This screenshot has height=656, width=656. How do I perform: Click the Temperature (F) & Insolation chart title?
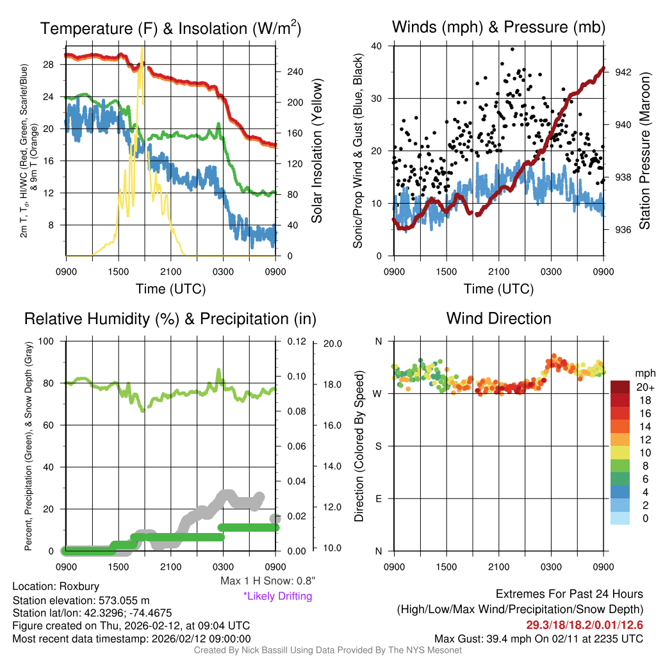click(x=170, y=29)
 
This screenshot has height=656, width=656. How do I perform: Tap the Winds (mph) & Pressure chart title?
click(x=498, y=27)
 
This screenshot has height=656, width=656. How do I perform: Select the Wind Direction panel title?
click(x=498, y=318)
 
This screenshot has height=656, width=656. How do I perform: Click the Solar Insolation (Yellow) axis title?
click(x=316, y=151)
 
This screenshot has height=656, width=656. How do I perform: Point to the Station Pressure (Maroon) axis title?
click(x=644, y=151)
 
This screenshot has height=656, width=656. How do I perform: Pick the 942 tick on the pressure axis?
click(x=623, y=72)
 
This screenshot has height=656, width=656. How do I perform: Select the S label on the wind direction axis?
click(x=378, y=446)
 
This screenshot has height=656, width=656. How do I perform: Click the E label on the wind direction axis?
click(x=378, y=498)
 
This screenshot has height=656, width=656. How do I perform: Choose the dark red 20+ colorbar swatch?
click(x=620, y=387)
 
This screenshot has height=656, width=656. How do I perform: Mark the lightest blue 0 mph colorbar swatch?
click(x=620, y=518)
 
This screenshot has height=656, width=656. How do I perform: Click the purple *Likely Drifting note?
click(x=277, y=596)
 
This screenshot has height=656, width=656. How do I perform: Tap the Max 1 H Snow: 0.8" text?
click(x=267, y=581)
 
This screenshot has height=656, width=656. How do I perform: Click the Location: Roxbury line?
click(x=56, y=586)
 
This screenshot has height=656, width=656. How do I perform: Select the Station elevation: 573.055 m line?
click(x=81, y=600)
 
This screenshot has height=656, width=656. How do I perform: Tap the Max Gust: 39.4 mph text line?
click(x=539, y=638)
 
